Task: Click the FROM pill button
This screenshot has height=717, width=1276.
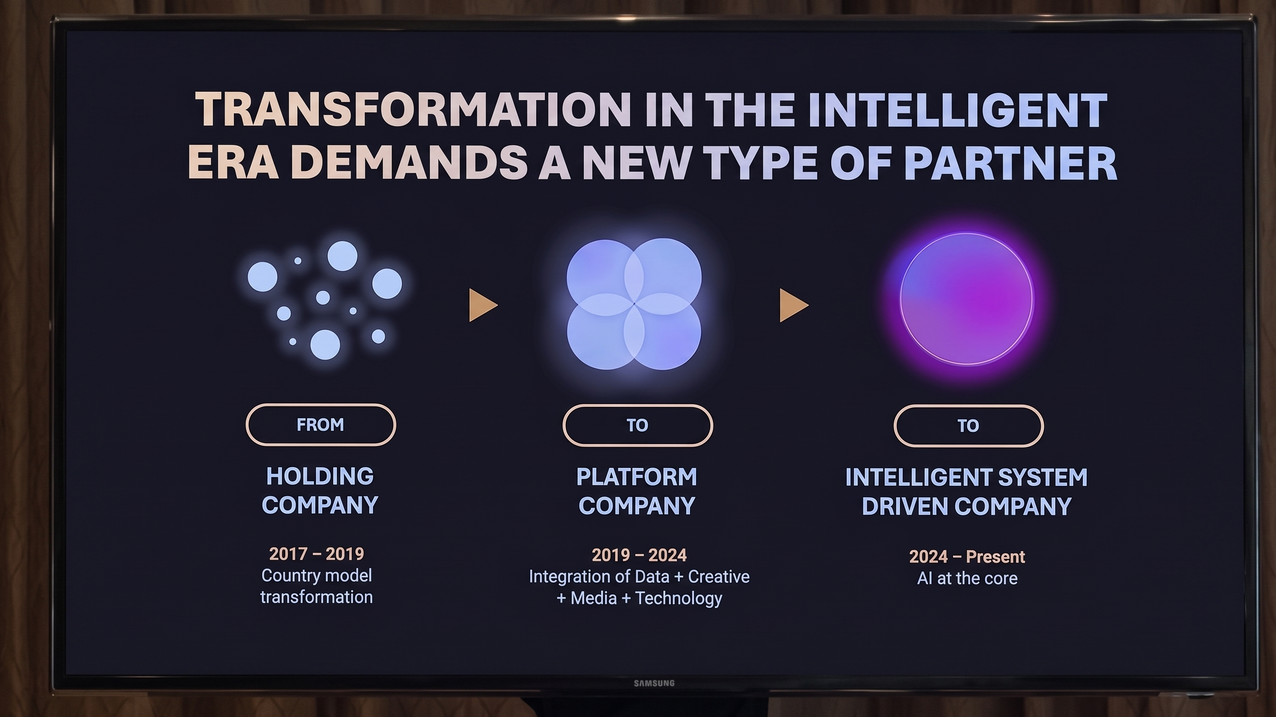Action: click(320, 425)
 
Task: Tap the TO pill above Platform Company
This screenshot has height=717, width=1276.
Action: click(637, 425)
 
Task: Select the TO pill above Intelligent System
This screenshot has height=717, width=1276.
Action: click(968, 426)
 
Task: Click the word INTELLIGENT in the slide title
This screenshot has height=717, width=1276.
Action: click(958, 110)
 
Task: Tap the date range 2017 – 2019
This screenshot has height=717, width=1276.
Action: click(317, 554)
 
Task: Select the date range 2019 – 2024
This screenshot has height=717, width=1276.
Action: click(639, 555)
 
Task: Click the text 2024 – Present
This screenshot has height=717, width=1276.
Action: click(967, 556)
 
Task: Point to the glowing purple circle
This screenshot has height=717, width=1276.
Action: click(966, 299)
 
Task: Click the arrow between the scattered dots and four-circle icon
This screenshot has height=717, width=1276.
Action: click(483, 305)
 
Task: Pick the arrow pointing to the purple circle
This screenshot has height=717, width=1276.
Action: click(793, 305)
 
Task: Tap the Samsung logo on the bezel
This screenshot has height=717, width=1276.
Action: click(654, 683)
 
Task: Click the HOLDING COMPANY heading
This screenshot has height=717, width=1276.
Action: click(320, 491)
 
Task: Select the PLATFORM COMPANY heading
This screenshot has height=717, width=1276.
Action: click(637, 492)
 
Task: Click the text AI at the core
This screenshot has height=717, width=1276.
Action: click(967, 578)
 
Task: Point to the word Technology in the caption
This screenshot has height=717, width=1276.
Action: click(678, 598)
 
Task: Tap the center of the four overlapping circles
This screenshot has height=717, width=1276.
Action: click(634, 303)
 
